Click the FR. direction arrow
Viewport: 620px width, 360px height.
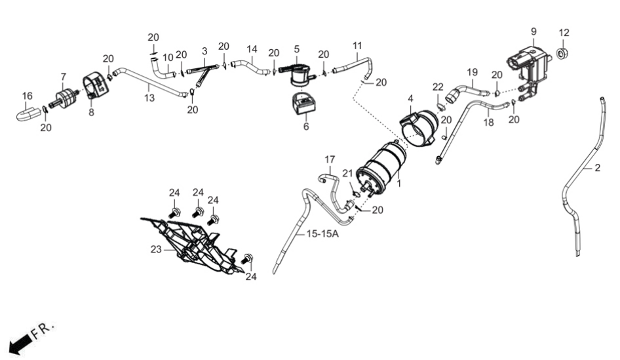click(20, 344)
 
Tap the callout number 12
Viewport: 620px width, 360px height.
click(564, 32)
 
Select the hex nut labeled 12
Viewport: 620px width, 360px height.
click(563, 53)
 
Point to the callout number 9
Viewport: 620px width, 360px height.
click(533, 31)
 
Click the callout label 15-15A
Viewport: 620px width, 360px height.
click(322, 234)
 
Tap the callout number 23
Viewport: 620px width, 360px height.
click(156, 249)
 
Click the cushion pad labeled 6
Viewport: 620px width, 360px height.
click(304, 104)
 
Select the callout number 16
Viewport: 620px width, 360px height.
click(27, 96)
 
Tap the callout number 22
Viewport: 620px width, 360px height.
click(438, 87)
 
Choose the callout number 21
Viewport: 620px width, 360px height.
click(347, 173)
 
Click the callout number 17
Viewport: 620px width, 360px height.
click(330, 159)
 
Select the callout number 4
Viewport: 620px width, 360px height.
click(410, 98)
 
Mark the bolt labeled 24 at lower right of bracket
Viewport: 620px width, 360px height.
click(248, 259)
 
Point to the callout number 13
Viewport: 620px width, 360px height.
click(149, 98)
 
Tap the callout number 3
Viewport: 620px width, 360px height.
click(204, 51)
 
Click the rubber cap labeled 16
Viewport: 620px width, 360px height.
click(28, 113)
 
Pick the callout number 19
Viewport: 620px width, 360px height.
click(472, 72)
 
